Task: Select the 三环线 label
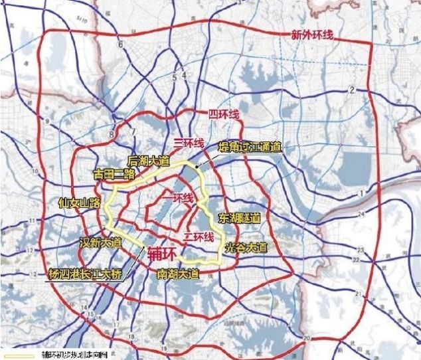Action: [188, 141]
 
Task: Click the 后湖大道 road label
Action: [149, 161]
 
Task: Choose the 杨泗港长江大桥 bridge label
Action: [84, 273]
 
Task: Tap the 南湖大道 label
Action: [177, 273]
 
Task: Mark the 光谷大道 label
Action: [246, 248]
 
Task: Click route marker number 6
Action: [122, 45]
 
